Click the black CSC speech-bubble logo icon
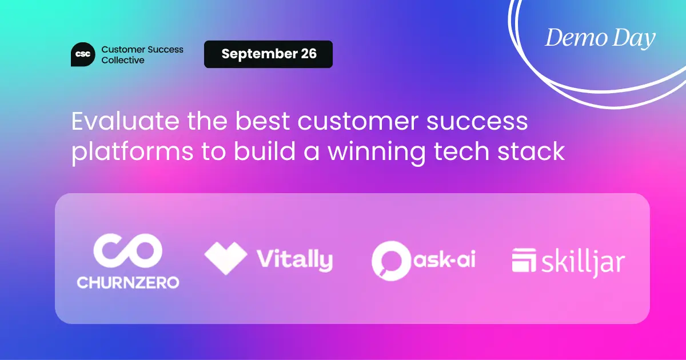click(x=83, y=54)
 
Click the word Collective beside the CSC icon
click(x=122, y=60)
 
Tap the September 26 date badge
click(x=268, y=54)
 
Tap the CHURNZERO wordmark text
click(x=128, y=282)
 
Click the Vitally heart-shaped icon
click(x=225, y=258)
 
